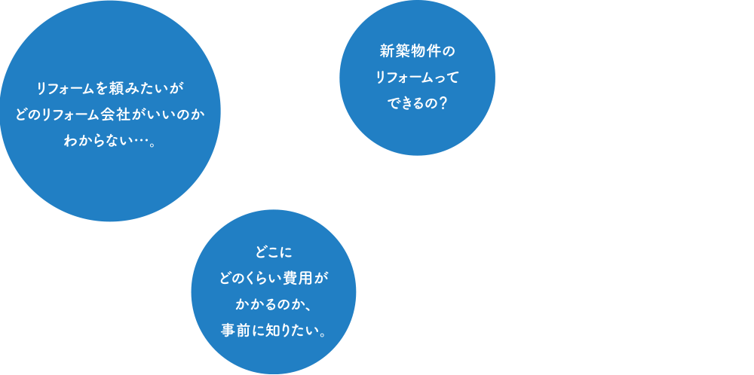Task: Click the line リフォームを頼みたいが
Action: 110,89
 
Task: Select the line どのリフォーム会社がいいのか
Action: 110,115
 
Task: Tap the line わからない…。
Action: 110,141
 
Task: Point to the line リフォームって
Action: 417,77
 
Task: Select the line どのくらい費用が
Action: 274,279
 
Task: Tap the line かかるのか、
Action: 274,304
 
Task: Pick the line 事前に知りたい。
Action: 274,331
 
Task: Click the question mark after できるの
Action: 443,102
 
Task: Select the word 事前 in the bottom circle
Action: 235,331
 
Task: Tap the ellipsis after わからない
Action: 136,141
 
